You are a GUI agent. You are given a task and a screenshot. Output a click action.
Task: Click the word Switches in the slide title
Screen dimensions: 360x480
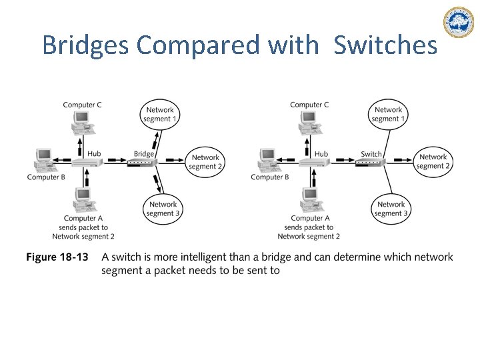click(385, 45)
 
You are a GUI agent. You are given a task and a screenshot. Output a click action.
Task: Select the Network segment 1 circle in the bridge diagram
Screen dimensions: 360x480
click(159, 114)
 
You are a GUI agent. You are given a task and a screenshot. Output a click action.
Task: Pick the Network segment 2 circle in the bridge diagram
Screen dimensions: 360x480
click(205, 162)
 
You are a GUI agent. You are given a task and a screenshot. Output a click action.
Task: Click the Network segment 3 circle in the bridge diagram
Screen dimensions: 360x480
click(163, 209)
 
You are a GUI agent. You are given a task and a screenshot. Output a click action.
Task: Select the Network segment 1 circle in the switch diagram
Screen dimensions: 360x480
click(388, 114)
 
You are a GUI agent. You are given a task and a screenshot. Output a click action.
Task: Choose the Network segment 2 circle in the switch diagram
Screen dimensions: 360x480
click(433, 162)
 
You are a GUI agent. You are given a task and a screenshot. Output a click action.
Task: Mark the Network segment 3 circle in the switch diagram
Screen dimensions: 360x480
click(391, 209)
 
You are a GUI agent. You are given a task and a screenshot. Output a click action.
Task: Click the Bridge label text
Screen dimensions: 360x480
click(144, 153)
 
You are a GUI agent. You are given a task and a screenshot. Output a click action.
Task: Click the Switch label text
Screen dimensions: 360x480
click(371, 153)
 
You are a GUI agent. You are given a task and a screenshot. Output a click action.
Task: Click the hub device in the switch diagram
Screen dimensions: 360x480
click(311, 163)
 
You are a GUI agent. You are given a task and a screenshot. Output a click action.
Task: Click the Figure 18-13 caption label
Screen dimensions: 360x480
click(57, 257)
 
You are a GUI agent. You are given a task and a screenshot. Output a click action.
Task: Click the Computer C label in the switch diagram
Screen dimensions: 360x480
click(309, 105)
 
